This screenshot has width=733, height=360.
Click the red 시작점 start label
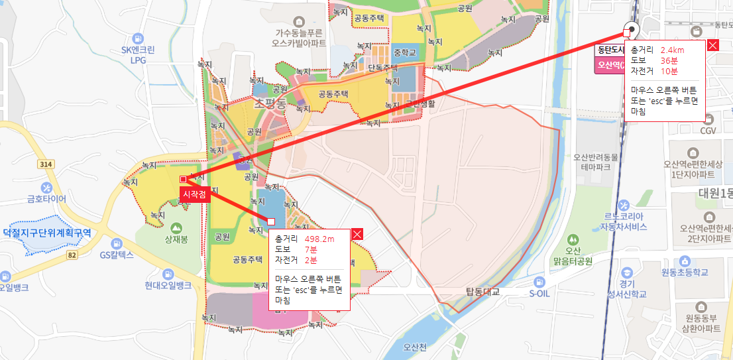pos(194,194)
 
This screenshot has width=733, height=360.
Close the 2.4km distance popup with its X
pos(713,45)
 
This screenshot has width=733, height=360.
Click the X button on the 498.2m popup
pos(357,234)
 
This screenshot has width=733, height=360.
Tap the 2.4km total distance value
pos(673,50)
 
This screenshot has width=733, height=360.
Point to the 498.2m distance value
pos(319,239)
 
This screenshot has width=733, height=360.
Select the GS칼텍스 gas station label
pos(117,254)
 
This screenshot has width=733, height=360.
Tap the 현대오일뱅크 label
pos(168,285)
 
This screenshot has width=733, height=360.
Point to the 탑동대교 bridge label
pos(482,291)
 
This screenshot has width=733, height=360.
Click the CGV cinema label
pos(708,130)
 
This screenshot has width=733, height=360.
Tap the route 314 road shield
pos(46,164)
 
